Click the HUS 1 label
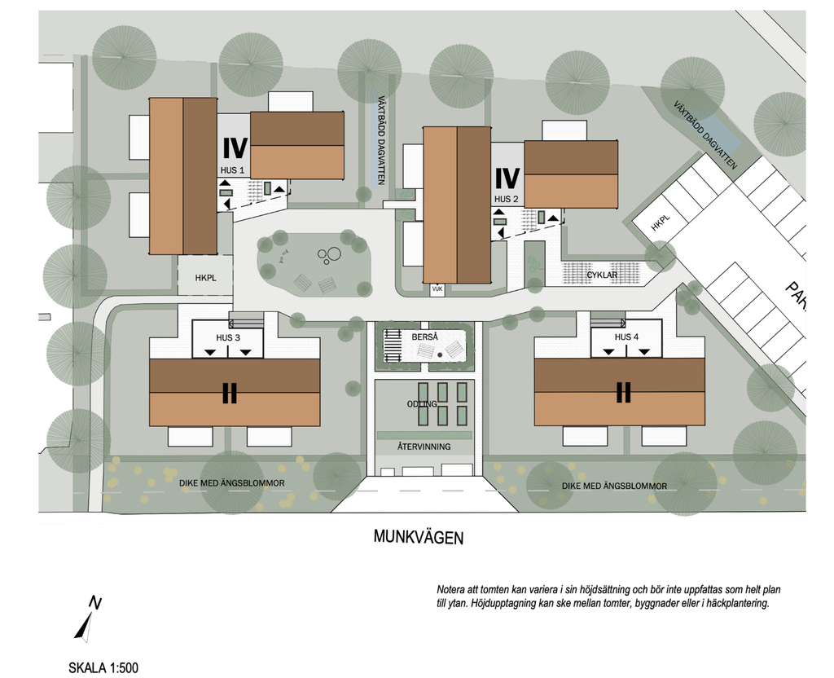click(232, 170)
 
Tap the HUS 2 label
click(507, 199)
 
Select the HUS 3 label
click(228, 337)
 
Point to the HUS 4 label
click(626, 337)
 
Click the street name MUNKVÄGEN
click(419, 537)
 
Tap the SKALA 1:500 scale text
click(103, 667)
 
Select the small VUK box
click(437, 289)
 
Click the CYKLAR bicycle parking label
click(602, 275)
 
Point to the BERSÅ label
click(424, 337)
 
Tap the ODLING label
click(423, 404)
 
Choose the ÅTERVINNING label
click(424, 447)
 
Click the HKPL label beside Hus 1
click(205, 278)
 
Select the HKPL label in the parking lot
click(661, 223)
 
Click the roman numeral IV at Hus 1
click(235, 148)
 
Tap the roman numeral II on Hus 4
click(623, 392)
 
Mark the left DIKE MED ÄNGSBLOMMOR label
click(232, 483)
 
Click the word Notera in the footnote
click(451, 590)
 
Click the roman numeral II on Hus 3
click(229, 393)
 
